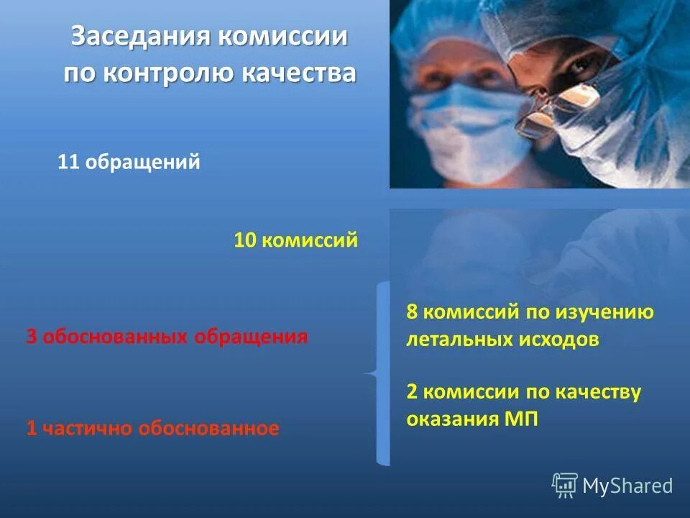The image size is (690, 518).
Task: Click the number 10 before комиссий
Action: [x=245, y=240]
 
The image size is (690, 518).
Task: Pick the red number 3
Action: [x=31, y=337]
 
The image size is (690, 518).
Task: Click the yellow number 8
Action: [x=412, y=313]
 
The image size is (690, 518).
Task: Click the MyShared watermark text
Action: [x=627, y=486]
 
